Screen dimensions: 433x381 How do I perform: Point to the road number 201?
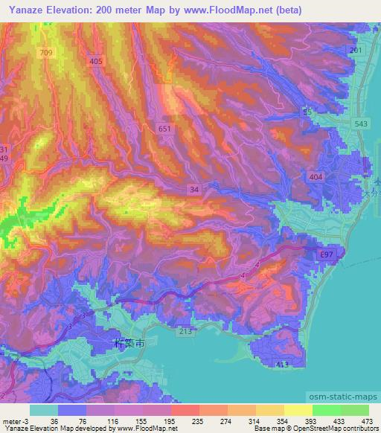pos(356,50)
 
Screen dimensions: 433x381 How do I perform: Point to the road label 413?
pos(282,365)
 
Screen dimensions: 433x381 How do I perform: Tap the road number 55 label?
pos(307,111)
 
